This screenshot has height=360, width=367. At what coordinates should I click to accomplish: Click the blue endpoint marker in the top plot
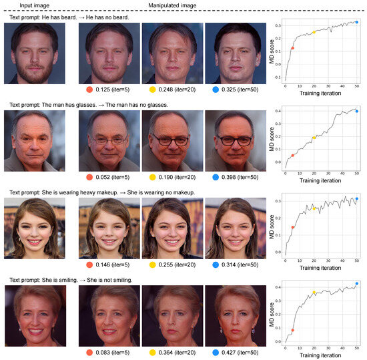357,22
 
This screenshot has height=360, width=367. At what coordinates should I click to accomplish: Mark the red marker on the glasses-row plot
293,156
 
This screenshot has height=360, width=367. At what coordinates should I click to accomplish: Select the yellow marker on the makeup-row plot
314,209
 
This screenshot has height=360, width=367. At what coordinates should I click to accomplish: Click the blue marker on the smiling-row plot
357,284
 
